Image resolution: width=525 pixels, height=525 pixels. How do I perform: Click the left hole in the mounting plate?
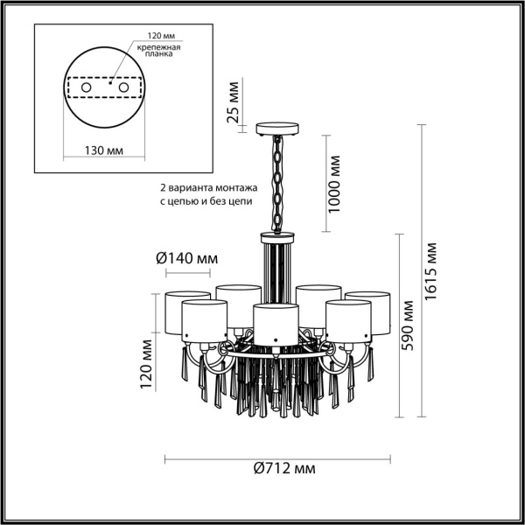86,87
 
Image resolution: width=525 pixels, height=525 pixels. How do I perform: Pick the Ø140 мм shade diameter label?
186,259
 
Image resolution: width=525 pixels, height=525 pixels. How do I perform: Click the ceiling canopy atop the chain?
278,130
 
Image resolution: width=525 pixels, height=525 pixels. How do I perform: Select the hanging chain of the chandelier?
278,184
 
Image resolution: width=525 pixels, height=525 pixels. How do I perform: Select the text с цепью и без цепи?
205,201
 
